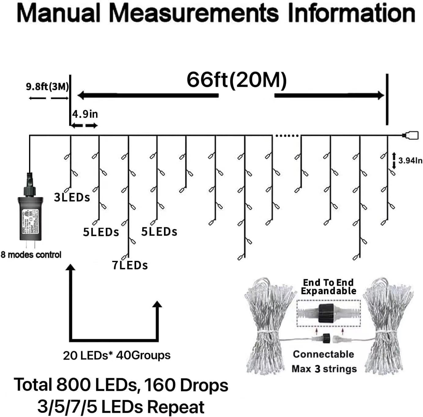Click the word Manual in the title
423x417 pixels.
58,13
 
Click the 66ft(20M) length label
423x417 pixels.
237,80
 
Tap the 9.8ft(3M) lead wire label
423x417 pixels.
47,87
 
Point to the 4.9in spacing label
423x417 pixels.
85,114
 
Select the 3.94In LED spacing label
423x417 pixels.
410,160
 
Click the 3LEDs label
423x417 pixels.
72,197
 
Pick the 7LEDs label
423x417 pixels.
130,265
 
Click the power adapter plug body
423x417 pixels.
30,217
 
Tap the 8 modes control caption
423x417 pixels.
31,255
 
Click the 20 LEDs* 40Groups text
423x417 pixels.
117,355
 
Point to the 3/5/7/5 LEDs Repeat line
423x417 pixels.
121,407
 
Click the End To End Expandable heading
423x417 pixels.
328,287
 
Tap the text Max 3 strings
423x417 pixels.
324,369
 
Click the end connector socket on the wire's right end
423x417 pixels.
411,135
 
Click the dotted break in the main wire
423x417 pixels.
287,135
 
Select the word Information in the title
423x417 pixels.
351,13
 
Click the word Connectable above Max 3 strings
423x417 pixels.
323,354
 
